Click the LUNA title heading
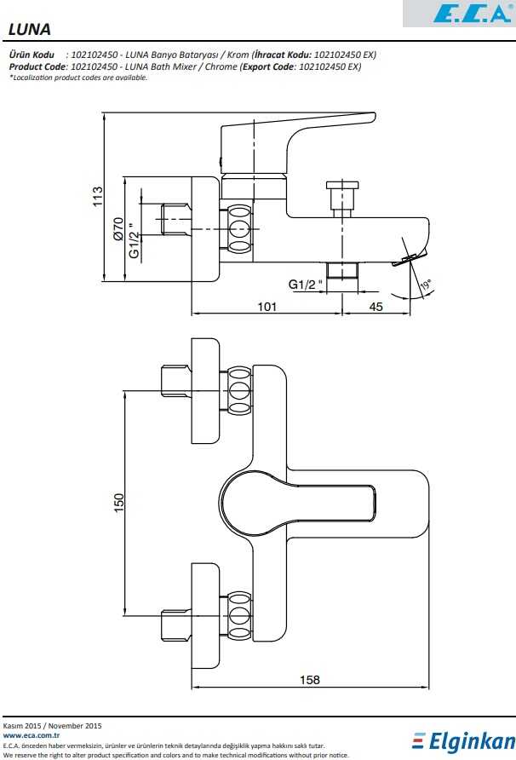[30, 29]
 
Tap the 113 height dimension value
[98, 197]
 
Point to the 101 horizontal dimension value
[267, 307]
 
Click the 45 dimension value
[376, 307]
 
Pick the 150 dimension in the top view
[119, 503]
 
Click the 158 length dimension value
[311, 679]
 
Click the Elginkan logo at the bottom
[463, 741]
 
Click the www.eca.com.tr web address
[31, 734]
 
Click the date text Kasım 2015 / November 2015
[53, 725]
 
